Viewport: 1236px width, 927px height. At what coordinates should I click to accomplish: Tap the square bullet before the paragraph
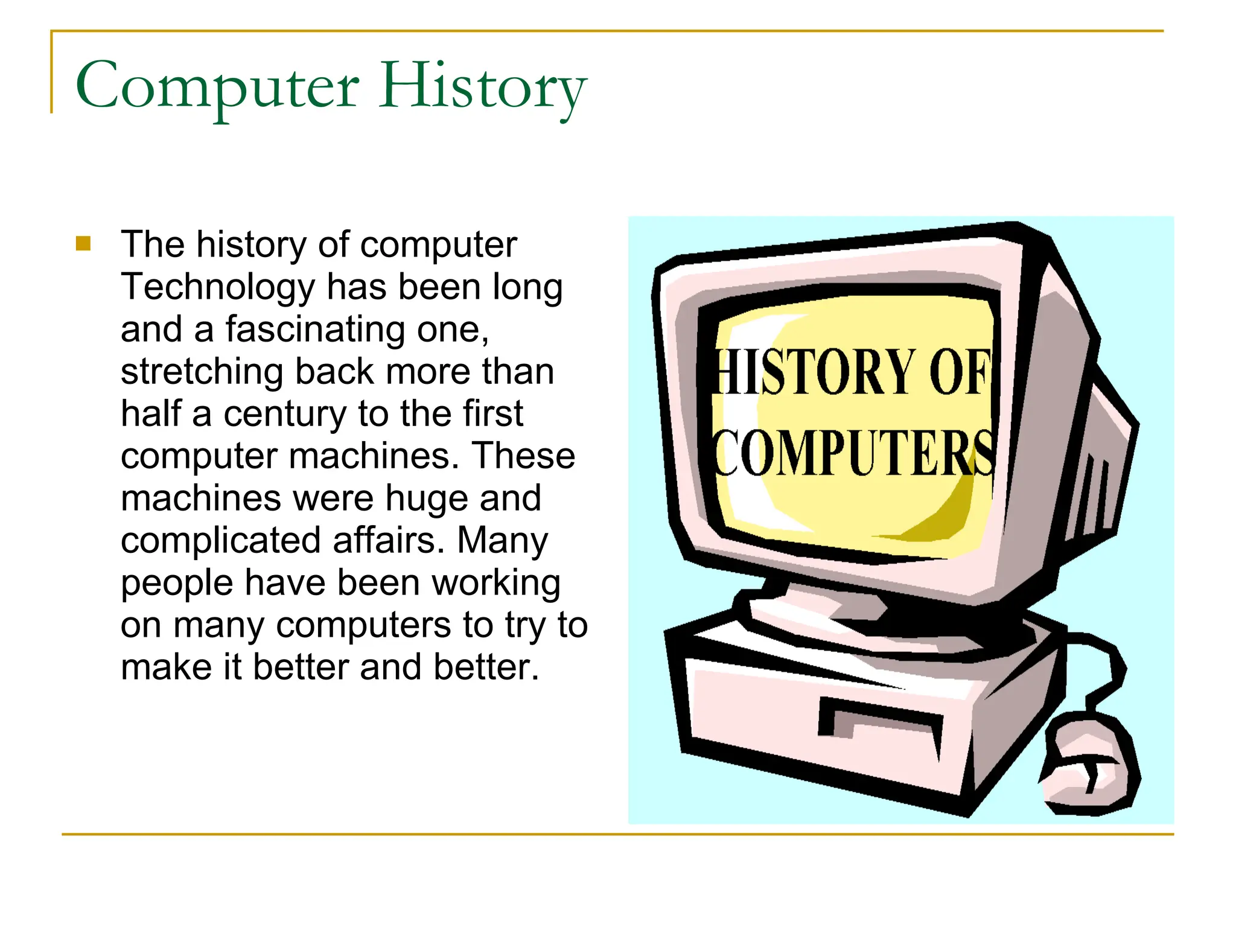83,244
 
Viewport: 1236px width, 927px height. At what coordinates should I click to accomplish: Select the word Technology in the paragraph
218,287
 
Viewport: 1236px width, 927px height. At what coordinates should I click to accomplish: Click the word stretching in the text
202,372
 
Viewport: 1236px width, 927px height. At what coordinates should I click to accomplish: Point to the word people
177,584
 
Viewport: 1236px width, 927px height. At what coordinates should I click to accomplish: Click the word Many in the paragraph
502,541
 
